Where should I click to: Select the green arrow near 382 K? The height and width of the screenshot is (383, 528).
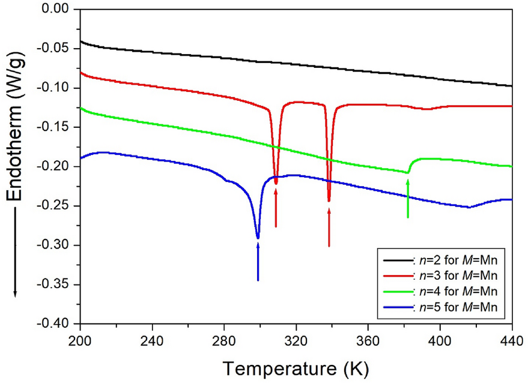tap(408, 199)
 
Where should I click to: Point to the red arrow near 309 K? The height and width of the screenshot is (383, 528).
tap(276, 208)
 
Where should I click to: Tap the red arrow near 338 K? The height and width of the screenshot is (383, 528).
tap(329, 227)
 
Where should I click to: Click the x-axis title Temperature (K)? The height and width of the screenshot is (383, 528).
tap(295, 366)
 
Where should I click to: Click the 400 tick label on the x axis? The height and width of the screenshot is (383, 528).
tap(440, 338)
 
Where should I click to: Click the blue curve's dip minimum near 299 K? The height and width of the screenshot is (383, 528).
tap(258, 238)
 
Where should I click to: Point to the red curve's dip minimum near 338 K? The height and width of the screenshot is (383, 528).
tap(329, 201)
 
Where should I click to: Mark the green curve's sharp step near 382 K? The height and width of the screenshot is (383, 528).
tap(408, 172)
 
